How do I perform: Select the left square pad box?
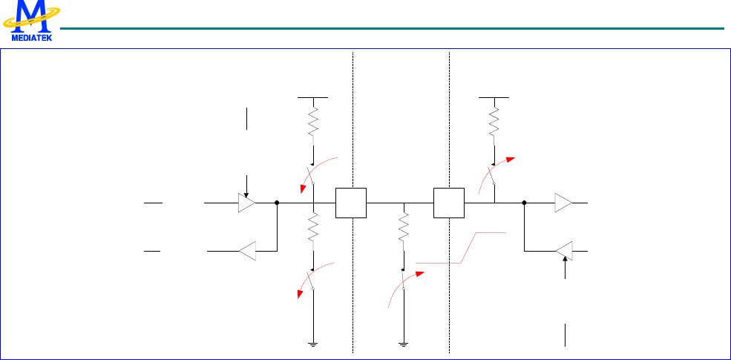point(351,203)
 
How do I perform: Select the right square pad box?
point(448,203)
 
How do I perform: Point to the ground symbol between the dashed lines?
point(404,344)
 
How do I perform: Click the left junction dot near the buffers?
point(276,202)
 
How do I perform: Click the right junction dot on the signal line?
point(524,202)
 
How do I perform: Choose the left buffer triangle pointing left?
point(246,252)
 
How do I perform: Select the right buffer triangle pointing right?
point(563,202)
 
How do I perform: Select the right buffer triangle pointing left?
point(563,252)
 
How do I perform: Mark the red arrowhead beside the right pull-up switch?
point(511,160)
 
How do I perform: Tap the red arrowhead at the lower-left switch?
point(301,294)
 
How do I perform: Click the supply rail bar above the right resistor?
point(494,96)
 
